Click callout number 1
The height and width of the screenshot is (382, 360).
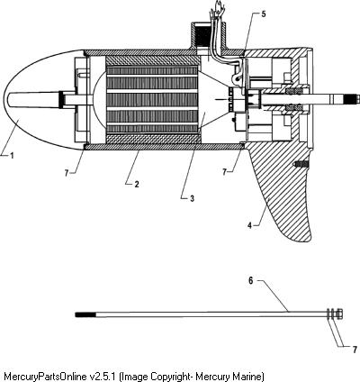tap(12, 156)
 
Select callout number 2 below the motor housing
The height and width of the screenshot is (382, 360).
tap(137, 184)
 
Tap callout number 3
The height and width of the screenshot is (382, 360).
tap(192, 198)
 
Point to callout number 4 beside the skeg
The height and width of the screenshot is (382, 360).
tap(249, 225)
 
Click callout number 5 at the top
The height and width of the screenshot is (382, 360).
tap(264, 14)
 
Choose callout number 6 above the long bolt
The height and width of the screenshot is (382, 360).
tap(251, 280)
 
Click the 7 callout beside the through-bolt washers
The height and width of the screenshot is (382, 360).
tap(355, 350)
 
